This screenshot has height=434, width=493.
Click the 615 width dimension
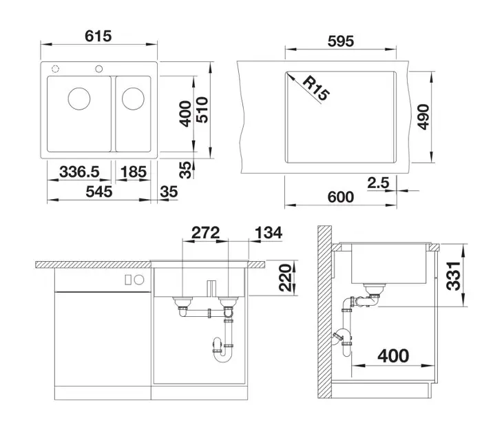[98, 36]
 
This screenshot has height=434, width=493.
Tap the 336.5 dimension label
[79, 172]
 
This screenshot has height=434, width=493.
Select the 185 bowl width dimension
[134, 172]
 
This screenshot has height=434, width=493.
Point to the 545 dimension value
[98, 192]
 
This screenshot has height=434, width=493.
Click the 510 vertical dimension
[202, 110]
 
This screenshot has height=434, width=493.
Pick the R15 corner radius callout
[316, 88]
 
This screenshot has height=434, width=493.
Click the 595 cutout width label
[341, 41]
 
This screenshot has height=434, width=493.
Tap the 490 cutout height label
[423, 117]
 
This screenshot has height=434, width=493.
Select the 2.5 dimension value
[378, 183]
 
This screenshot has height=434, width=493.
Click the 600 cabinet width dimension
[341, 197]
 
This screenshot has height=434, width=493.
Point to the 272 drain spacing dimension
[205, 233]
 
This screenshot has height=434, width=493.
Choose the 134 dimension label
[269, 233]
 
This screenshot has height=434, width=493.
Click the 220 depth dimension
[286, 278]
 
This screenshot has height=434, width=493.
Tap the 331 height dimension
[454, 276]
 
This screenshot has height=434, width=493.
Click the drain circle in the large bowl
[79, 99]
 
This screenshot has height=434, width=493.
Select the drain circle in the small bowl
[133, 99]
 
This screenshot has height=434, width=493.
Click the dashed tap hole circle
[55, 69]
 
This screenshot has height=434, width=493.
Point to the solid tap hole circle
[98, 69]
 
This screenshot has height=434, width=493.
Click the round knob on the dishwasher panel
[139, 279]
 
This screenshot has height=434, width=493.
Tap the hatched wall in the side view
[324, 312]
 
